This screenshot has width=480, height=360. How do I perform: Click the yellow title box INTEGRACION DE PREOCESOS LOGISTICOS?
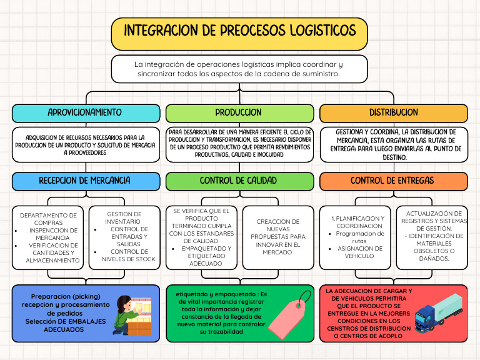point(239,31)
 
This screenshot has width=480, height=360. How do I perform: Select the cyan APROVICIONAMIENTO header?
point(85,113)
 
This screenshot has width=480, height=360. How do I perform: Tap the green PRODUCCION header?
point(239,113)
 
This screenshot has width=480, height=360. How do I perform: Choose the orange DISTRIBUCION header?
point(394,113)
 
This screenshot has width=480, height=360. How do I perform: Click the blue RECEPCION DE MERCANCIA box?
point(85,181)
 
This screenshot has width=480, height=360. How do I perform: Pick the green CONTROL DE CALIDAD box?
point(239,181)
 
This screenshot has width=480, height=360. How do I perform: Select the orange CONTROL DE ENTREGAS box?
point(394,181)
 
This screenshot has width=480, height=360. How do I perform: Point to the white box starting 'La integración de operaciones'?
point(239,69)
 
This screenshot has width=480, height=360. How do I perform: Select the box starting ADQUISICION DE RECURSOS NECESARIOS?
point(85,145)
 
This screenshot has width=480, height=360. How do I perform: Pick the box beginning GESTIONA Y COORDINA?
point(394,145)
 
